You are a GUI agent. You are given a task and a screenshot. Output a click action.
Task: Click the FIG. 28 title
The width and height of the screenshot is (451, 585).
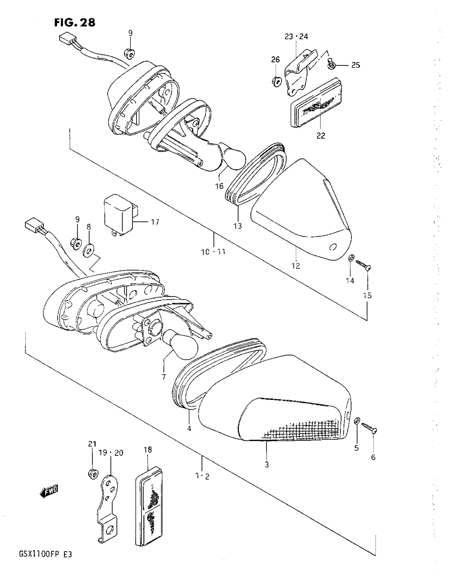coord(75,23)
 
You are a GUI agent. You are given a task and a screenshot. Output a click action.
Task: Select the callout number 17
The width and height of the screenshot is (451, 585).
coord(155,222)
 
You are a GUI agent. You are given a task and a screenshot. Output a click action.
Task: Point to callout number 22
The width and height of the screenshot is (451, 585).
coord(321,135)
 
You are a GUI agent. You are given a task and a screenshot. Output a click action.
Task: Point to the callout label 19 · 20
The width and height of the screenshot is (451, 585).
coord(111,453)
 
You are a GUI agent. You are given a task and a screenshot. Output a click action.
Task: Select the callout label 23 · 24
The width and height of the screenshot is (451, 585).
coord(296,37)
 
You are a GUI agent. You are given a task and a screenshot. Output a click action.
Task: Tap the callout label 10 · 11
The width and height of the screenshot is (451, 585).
coord(214,252)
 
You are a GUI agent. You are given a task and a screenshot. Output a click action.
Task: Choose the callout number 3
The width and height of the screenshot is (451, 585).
coord(267,465)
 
